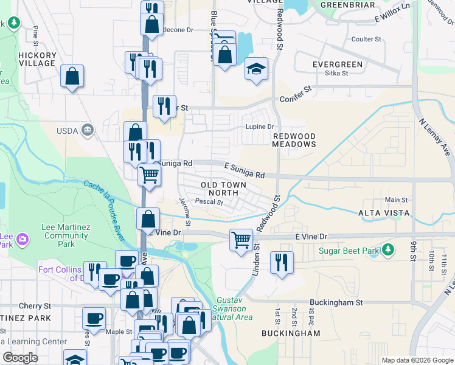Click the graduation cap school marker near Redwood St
pos(257,68)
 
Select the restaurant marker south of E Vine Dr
pos(282,263)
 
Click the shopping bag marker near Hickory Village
pos(72,77)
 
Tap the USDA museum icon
pos(89,129)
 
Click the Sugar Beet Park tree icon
pos(387,250)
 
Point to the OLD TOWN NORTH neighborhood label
pos(224,189)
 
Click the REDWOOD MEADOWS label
pos(294,140)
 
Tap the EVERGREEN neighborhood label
pos(337,64)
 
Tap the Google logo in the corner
pos(21,358)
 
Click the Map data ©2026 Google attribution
pos(417,360)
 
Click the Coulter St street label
pos(366,39)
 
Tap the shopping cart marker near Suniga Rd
pos(150,175)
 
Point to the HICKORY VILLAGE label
pos(37,59)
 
